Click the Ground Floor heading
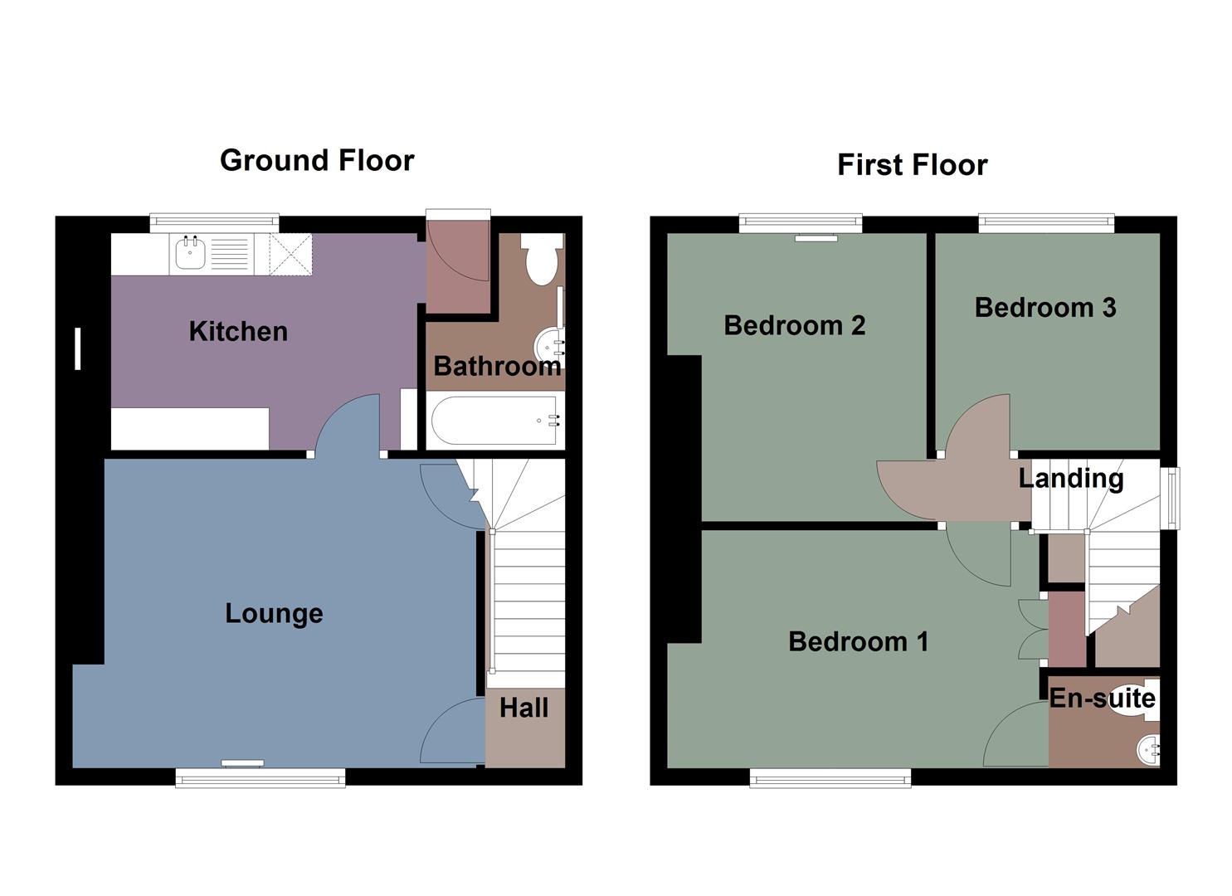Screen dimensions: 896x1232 pos(317,160)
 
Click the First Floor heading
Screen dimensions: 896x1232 pos(912,164)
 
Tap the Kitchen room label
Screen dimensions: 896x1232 pos(238,332)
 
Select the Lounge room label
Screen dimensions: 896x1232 pos(274,614)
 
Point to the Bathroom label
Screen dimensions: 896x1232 pos(496,366)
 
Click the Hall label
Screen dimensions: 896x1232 pos(523,708)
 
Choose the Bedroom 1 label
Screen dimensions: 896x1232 pos(858,641)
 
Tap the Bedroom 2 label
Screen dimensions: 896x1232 pos(794,325)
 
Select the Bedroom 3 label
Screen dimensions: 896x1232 pos(1045,308)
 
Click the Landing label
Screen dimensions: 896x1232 pos(1070,478)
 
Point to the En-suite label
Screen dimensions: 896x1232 pos(1102,699)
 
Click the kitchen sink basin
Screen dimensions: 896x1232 pos(190,252)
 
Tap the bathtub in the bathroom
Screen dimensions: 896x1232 pos(495,421)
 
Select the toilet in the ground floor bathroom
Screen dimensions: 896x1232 pos(543,259)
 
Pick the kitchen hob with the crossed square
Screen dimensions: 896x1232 pos(290,254)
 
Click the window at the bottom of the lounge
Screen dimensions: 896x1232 pos(260,777)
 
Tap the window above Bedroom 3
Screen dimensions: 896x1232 pos(1045,222)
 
